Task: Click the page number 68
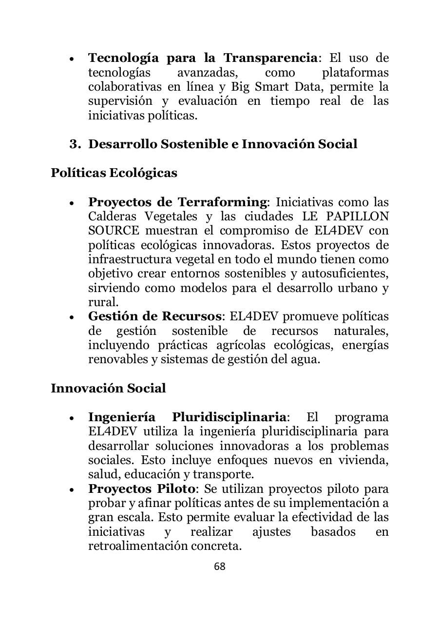[x=220, y=566]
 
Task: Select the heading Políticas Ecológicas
[x=114, y=173]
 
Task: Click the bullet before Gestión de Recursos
[x=72, y=317]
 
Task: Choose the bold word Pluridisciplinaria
[x=229, y=417]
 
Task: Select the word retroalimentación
[x=141, y=546]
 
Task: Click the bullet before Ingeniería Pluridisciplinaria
[x=72, y=418]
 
